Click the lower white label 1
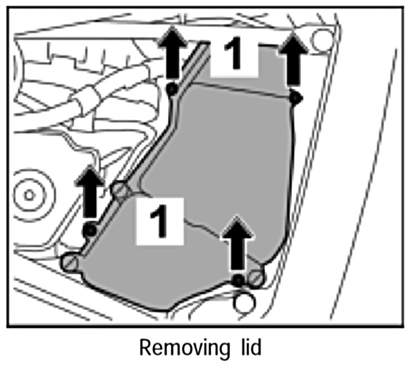[158, 220]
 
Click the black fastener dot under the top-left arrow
[172, 89]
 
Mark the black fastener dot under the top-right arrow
[295, 98]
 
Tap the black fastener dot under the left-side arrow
[90, 231]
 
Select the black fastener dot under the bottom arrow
[239, 281]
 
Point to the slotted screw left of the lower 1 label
[120, 190]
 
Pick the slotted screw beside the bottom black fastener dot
[257, 278]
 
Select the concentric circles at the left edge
[28, 192]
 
